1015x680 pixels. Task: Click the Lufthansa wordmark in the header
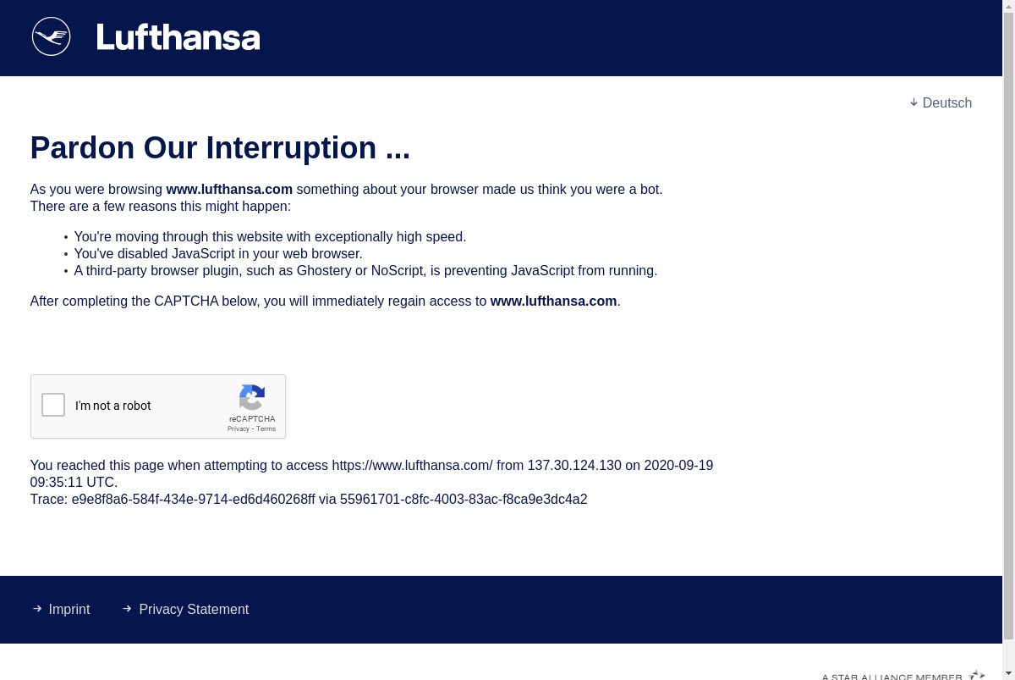[x=178, y=36]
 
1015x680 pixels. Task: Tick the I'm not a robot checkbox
[x=53, y=405]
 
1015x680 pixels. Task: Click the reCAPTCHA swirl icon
[x=252, y=397]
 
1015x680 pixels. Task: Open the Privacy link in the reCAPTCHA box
[x=239, y=428]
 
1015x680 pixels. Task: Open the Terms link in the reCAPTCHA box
[x=266, y=428]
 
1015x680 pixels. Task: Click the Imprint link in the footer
[x=69, y=609]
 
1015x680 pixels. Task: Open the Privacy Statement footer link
[x=194, y=609]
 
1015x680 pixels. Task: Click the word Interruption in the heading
[x=291, y=148]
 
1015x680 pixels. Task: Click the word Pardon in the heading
[x=83, y=148]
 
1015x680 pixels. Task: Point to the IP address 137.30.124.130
[x=574, y=466]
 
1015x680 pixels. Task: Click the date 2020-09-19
[x=678, y=466]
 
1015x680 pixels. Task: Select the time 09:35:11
[x=61, y=482]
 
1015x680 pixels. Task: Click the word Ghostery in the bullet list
[x=324, y=271]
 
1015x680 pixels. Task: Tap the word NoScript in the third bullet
[x=398, y=271]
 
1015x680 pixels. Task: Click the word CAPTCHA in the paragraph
[x=186, y=301]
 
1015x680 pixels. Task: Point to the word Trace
[x=48, y=500]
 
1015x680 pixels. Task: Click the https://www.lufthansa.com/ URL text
[x=413, y=466]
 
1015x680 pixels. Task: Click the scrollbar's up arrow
[x=1008, y=6]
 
